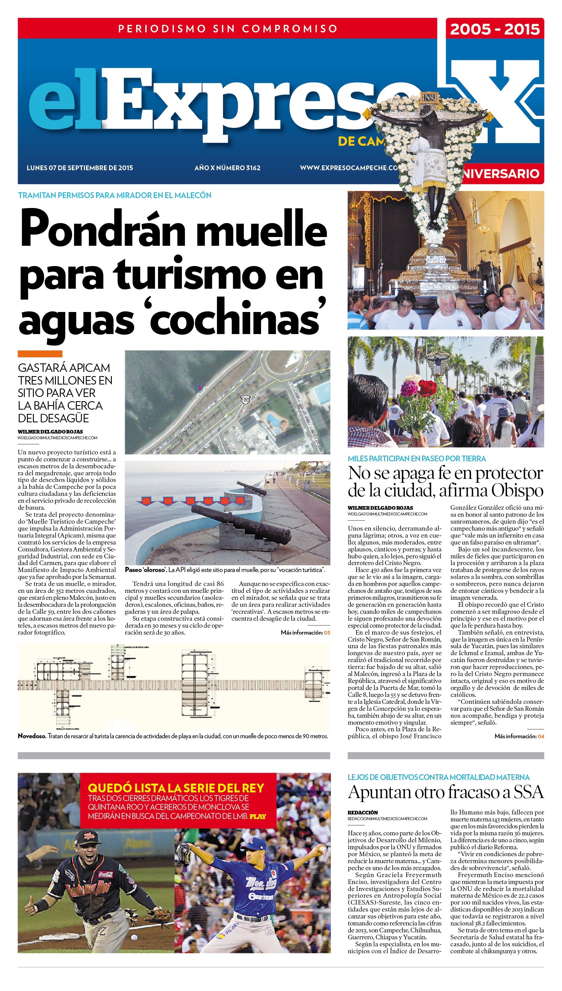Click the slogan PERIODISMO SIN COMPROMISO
[x=228, y=29]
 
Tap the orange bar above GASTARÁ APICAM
[x=40, y=354]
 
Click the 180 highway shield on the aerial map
[x=245, y=399]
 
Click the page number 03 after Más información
[x=327, y=633]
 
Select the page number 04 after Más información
[x=541, y=736]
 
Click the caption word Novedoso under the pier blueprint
[x=32, y=736]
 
